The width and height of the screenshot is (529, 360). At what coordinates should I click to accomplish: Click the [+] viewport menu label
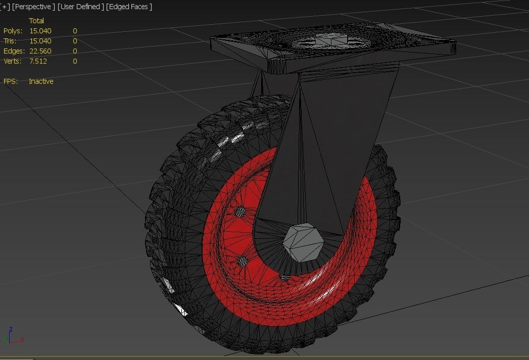tap(5, 7)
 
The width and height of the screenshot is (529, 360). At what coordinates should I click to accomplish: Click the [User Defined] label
tap(81, 7)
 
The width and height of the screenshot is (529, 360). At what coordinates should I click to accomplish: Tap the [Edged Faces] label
tap(129, 7)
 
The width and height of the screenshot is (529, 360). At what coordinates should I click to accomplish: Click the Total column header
tap(36, 21)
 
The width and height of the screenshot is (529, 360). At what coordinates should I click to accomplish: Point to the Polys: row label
tap(13, 31)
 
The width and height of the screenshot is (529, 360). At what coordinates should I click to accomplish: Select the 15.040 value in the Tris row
tap(40, 41)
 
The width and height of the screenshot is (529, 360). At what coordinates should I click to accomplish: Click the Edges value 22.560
tap(40, 51)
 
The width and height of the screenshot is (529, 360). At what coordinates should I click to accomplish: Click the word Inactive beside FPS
tap(41, 81)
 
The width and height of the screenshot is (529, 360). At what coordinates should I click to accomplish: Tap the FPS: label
tap(10, 81)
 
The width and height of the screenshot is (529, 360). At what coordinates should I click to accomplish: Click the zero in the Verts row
tap(75, 61)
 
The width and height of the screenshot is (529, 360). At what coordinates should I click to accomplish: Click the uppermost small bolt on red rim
tap(241, 211)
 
